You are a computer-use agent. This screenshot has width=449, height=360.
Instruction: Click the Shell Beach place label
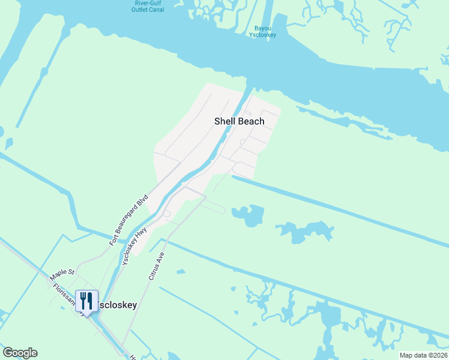pyautogui.click(x=240, y=121)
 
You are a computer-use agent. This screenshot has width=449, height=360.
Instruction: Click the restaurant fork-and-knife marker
pyautogui.click(x=86, y=301)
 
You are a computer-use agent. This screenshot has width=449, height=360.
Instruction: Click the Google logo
pyautogui.click(x=20, y=353)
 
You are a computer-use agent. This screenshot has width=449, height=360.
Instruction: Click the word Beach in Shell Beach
pyautogui.click(x=252, y=121)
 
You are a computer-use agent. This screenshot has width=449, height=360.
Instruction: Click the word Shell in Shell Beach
pyautogui.click(x=226, y=121)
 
